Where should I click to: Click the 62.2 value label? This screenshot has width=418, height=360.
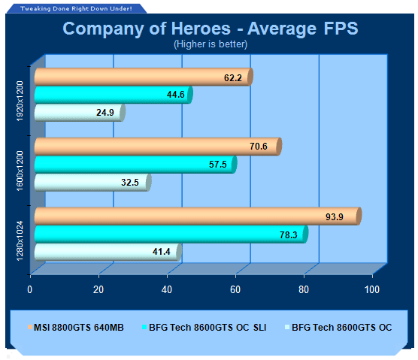click(233, 78)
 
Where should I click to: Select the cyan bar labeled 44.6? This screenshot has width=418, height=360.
click(114, 95)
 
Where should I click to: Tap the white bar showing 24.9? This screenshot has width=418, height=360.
click(80, 113)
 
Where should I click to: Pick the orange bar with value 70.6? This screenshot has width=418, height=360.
click(158, 147)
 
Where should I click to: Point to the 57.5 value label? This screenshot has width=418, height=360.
click(217, 164)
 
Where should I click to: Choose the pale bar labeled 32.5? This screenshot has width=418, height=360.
click(92, 183)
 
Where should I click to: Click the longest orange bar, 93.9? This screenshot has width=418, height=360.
click(198, 216)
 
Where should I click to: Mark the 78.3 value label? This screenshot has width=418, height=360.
click(289, 234)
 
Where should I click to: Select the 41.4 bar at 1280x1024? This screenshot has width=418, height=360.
click(108, 252)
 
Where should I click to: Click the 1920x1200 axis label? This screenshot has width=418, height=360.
click(20, 101)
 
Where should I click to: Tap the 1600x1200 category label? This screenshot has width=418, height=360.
click(20, 171)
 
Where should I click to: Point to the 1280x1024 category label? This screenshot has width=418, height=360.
click(20, 241)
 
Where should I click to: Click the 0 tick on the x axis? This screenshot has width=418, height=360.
click(30, 289)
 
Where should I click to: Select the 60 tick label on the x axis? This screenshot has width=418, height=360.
click(235, 289)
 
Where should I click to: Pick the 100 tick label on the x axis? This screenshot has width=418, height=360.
click(372, 289)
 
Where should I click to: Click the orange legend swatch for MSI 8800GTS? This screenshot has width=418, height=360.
click(30, 327)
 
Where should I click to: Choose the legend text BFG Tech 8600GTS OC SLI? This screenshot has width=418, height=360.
click(207, 327)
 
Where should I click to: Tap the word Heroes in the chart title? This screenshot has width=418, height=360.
click(201, 29)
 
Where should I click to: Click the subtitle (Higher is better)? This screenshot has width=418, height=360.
click(211, 44)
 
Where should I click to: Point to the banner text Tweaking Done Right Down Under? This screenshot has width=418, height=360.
click(76, 8)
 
